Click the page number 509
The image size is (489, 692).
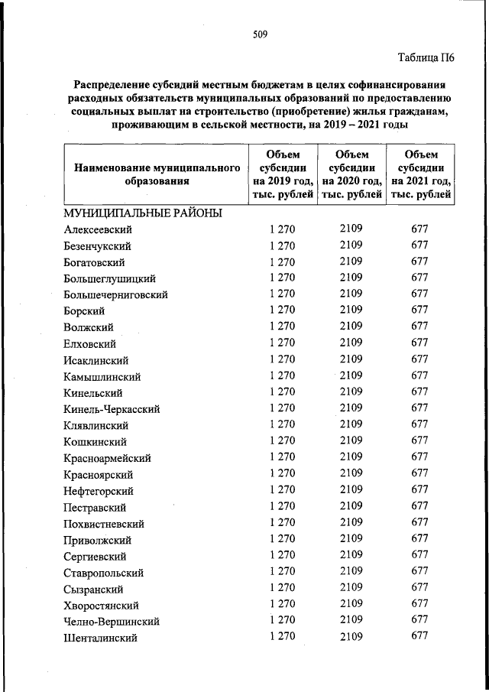pyautogui.click(x=259, y=34)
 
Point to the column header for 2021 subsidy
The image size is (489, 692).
pyautogui.click(x=420, y=175)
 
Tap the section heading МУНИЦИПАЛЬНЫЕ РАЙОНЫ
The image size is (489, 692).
pyautogui.click(x=143, y=213)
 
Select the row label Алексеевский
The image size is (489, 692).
pyautogui.click(x=99, y=229)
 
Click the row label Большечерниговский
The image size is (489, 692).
pyautogui.click(x=116, y=295)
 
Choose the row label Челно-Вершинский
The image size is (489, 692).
pyautogui.click(x=112, y=622)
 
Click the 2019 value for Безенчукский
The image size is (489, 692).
pyautogui.click(x=282, y=246)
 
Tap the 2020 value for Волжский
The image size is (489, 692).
pyautogui.click(x=351, y=326)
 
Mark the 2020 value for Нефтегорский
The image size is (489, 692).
pyautogui.click(x=351, y=489)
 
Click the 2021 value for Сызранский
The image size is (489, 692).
pyautogui.click(x=419, y=588)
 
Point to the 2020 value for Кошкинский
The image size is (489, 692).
pyautogui.click(x=351, y=440)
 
